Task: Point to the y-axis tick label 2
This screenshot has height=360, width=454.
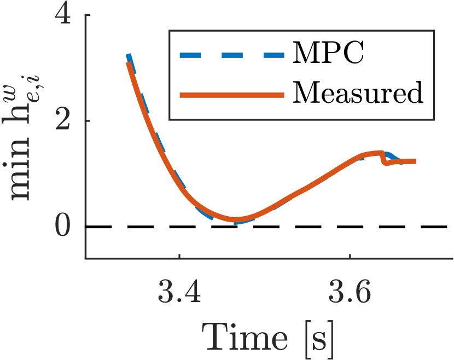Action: pos(65,121)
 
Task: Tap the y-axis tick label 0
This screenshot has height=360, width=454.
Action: pos(65,227)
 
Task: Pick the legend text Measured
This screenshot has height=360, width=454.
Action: pos(358,94)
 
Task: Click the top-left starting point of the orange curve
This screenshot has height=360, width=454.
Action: pos(129,64)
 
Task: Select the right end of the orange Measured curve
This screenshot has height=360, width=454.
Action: pos(415,161)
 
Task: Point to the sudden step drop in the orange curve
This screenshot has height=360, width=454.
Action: pos(383,159)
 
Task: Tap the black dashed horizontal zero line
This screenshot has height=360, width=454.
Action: pos(328,227)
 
